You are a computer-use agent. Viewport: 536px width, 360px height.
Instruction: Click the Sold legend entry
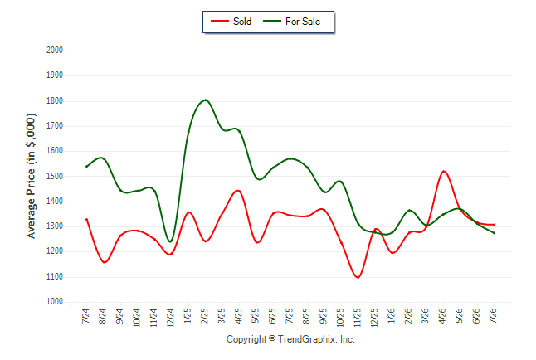pyautogui.click(x=231, y=22)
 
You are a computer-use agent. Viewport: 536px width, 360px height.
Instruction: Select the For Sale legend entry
pyautogui.click(x=291, y=22)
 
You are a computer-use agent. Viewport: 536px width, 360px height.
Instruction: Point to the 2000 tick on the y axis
pyautogui.click(x=55, y=51)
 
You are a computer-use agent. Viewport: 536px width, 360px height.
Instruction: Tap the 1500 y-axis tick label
pyautogui.click(x=55, y=177)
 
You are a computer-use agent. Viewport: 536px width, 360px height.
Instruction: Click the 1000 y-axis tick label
pyautogui.click(x=55, y=302)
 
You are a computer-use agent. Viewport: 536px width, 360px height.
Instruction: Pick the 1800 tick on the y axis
pyautogui.click(x=55, y=101)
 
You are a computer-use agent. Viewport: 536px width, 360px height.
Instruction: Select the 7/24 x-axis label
pyautogui.click(x=85, y=316)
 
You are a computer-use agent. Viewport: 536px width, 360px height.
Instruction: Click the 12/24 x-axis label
pyautogui.click(x=171, y=318)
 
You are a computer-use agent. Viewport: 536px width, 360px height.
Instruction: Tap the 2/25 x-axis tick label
pyautogui.click(x=205, y=316)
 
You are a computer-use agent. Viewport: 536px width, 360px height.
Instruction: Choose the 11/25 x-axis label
pyautogui.click(x=358, y=318)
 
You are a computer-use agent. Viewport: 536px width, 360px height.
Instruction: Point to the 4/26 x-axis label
pyautogui.click(x=442, y=316)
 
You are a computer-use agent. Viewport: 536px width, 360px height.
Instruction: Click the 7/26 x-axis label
pyautogui.click(x=494, y=316)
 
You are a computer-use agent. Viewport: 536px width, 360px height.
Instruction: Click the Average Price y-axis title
pyautogui.click(x=31, y=176)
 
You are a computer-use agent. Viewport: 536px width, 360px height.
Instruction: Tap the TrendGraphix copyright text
pyautogui.click(x=290, y=339)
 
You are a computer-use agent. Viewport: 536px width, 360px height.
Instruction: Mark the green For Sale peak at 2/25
pyautogui.click(x=205, y=100)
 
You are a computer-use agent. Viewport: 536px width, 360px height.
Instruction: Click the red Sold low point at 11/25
pyautogui.click(x=358, y=277)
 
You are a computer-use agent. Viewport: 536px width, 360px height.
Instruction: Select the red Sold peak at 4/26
pyautogui.click(x=444, y=171)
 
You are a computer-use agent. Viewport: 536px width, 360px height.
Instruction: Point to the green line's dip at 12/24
pyautogui.click(x=170, y=241)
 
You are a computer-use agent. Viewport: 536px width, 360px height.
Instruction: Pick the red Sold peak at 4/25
pyautogui.click(x=238, y=191)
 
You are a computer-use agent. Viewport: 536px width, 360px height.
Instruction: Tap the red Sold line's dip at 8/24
pyautogui.click(x=105, y=262)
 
